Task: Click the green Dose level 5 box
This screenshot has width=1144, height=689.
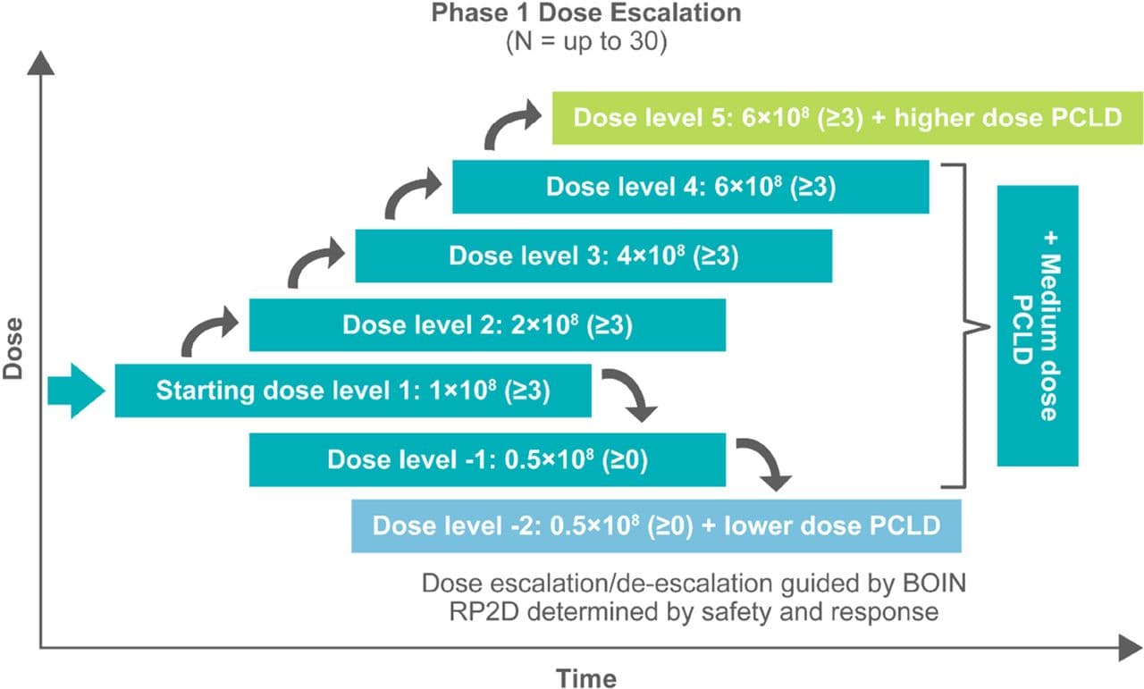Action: tap(847, 118)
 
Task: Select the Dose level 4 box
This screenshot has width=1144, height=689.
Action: tap(691, 187)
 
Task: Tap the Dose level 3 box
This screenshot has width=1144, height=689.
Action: tap(593, 256)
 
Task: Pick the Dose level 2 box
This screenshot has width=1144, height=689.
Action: tap(487, 324)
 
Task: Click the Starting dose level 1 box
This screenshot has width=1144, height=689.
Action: tap(353, 391)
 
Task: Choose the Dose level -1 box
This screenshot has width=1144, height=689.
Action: tap(487, 459)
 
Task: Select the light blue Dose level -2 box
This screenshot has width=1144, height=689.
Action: tap(656, 526)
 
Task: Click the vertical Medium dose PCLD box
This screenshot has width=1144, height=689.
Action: tap(1038, 326)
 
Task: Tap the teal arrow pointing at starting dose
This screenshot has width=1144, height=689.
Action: tap(77, 391)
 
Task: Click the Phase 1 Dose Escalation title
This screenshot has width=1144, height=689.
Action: tap(586, 13)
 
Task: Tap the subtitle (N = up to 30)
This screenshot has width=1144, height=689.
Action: tap(586, 42)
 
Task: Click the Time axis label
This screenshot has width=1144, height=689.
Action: tap(586, 679)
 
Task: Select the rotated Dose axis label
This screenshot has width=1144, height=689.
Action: tap(13, 349)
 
